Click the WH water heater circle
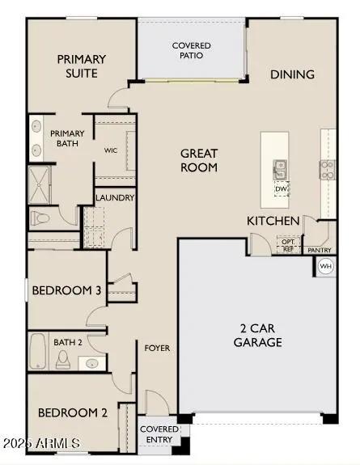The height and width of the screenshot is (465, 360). click(326, 266)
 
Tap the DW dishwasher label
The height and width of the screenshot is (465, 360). click(281, 190)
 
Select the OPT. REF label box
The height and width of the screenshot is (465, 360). click(287, 243)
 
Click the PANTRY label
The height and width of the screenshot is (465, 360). click(320, 251)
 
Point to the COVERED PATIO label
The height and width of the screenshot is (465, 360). click(192, 51)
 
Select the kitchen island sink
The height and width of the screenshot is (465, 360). click(280, 168)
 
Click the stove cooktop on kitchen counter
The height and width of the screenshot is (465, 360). click(328, 169)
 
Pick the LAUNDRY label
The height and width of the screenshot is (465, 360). click(115, 198)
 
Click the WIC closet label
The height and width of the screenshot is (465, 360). click(112, 150)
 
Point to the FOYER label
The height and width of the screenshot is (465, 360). click(157, 348)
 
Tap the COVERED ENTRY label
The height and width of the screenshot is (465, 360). click(159, 434)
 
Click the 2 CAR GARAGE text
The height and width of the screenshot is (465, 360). click(259, 335)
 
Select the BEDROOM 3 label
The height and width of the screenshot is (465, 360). click(66, 290)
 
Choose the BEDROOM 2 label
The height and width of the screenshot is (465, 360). click(72, 412)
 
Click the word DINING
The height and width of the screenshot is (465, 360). click(292, 74)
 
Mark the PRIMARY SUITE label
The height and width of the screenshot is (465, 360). click(82, 66)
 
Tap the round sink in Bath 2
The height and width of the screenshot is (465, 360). click(93, 362)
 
